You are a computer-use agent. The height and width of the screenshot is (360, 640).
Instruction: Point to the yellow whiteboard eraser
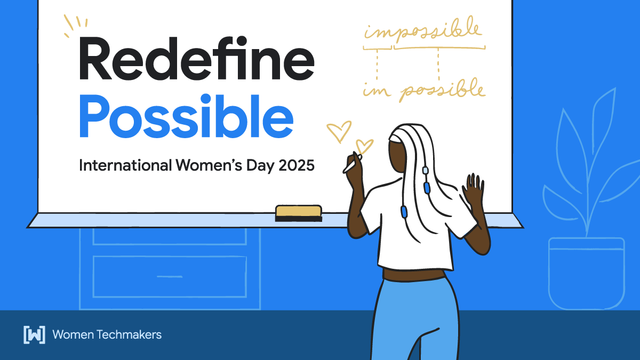pos(298,212)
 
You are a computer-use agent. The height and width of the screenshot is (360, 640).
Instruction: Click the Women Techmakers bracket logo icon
pos(34,334)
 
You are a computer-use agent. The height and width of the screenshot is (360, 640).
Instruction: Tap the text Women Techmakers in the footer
pos(107,334)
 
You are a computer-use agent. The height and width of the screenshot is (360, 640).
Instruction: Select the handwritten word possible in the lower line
pos(443,91)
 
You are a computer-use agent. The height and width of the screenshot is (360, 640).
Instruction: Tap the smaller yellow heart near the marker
pos(364,146)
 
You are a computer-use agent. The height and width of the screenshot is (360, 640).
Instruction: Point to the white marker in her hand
pos(350,164)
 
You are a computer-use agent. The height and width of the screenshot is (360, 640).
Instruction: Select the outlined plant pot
pos(587,273)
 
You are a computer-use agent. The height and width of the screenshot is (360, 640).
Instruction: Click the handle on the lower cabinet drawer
pos(170,276)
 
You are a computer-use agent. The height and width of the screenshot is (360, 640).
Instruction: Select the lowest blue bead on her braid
pos(404,212)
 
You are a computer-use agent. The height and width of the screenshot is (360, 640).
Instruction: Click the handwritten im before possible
pos(375,91)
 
